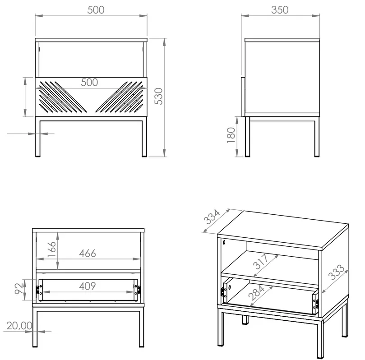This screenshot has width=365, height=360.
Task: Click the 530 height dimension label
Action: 159,97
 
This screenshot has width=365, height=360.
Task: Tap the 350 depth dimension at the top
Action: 280,10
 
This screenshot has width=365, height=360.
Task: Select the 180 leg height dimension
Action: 231,135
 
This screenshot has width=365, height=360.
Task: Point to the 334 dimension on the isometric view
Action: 212,217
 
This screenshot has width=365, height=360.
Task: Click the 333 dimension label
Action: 336,272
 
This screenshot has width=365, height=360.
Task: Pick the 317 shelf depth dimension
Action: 261,262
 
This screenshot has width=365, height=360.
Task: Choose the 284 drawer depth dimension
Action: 257,293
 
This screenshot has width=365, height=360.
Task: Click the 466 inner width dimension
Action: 88,254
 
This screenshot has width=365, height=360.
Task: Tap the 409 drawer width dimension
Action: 88,286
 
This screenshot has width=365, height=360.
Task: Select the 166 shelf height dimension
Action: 52,249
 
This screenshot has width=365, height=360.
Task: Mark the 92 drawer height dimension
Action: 19,289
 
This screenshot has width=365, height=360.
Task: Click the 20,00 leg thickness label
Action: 19,326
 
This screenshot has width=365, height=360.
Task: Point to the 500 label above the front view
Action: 96,10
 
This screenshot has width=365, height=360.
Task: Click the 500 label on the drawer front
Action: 89,83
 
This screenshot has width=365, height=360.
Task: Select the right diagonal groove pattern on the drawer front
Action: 119,97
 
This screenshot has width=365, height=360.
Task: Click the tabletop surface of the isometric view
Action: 283,230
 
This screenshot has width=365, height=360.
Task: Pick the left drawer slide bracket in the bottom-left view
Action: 37,290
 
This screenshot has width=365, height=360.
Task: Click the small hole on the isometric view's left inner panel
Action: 224,243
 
